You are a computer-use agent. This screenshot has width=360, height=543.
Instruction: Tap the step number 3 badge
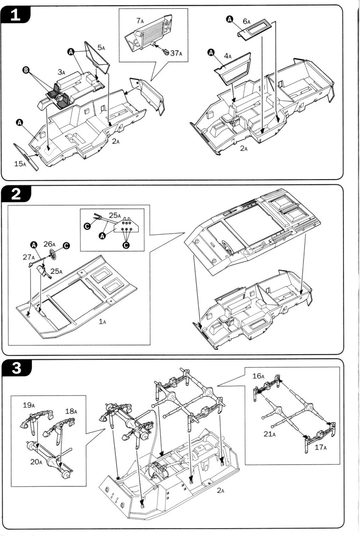pos(15,368)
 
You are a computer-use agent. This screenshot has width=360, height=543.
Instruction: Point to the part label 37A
pos(176,53)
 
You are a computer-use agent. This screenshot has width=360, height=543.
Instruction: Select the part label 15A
pos(19,163)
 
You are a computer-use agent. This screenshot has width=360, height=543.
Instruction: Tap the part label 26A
pos(49,244)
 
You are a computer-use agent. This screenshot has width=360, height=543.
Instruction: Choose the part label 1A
pos(102,322)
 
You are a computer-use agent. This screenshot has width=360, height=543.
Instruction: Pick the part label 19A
pos(29,405)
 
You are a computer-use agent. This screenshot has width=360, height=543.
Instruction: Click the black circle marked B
pos(28,72)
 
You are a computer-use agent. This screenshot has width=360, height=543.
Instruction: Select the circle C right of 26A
pos(66,246)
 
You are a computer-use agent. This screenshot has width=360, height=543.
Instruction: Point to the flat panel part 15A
pos(26,156)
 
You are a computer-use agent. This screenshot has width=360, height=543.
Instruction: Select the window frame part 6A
pos(258,30)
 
